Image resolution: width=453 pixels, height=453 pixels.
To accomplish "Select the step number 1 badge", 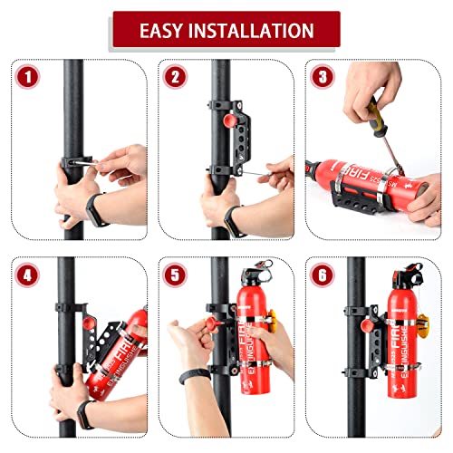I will [x=31, y=78].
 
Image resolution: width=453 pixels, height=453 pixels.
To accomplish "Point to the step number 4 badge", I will [x=31, y=273].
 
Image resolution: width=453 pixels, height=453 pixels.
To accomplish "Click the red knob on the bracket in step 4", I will [x=87, y=323].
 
